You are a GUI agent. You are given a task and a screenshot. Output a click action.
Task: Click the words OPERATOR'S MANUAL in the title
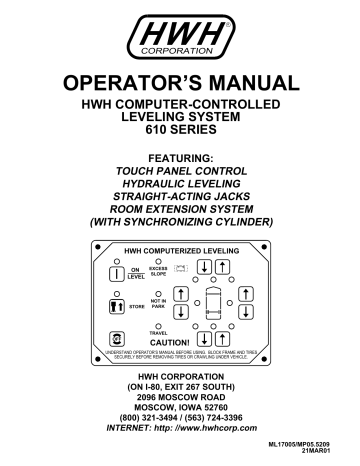pos(180,82)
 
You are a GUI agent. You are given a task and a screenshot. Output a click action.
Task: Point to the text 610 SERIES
pos(180,130)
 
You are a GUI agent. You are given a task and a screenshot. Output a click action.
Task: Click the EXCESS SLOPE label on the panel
pos(157,271)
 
